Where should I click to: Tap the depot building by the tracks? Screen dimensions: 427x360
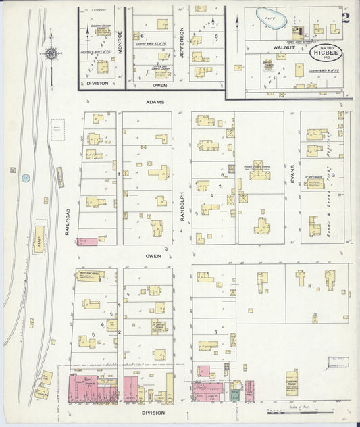[39, 239]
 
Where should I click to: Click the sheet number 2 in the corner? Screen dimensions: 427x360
[345, 18]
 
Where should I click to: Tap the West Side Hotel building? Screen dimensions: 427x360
[88, 276]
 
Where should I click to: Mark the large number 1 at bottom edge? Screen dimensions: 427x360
[187, 416]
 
